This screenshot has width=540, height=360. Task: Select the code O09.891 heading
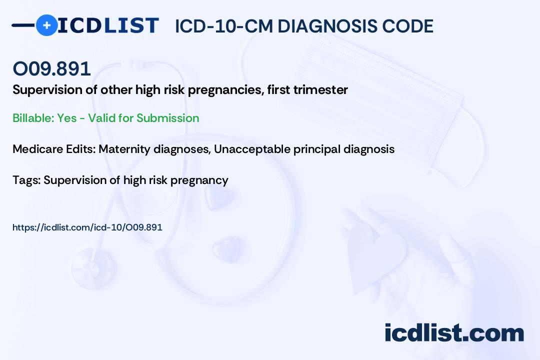(x=52, y=68)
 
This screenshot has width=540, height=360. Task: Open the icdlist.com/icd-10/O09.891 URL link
(x=87, y=227)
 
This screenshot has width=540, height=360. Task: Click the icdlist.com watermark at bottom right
(x=454, y=333)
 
